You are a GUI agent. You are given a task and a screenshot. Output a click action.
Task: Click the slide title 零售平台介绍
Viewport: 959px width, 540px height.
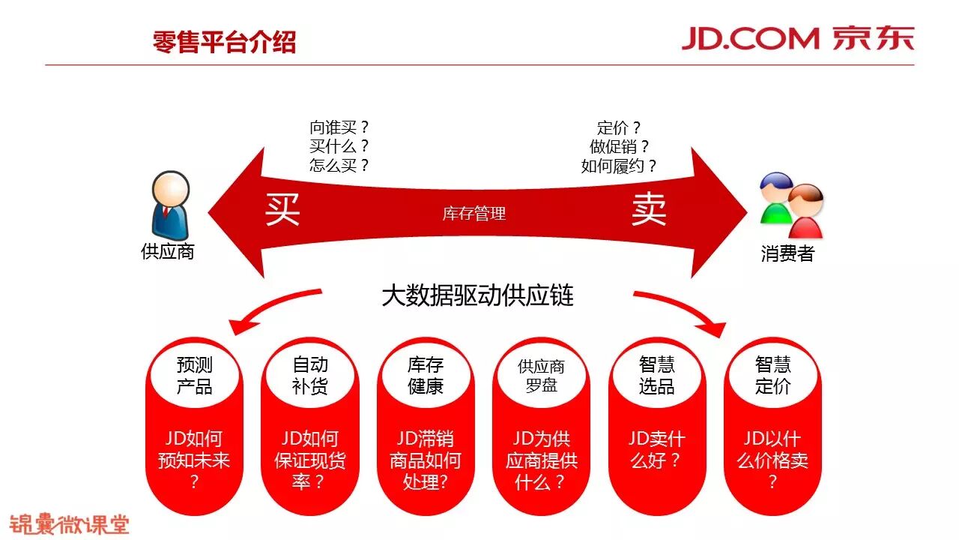[x=224, y=41]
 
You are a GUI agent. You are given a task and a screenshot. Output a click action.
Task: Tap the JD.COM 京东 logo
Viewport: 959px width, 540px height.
[x=797, y=38]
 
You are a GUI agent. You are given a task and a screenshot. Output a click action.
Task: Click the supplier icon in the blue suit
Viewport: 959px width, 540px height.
[x=170, y=203]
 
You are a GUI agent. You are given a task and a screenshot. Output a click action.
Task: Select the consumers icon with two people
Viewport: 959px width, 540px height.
[x=790, y=205]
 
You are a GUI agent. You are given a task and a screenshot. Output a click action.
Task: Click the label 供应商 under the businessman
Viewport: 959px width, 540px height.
[x=168, y=251]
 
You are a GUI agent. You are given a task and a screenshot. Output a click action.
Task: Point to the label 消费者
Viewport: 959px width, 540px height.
[x=787, y=253]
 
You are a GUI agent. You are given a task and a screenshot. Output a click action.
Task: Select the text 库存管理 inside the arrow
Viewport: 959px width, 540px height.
[x=474, y=214]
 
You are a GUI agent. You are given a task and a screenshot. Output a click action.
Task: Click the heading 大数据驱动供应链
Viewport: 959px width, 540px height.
[x=477, y=295]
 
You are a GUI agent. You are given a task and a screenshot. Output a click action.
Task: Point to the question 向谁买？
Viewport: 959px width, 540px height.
[x=339, y=127]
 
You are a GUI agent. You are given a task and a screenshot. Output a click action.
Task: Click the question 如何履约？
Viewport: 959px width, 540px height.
[x=619, y=166]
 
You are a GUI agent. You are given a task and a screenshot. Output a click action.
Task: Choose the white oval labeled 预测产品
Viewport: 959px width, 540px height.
[x=195, y=375]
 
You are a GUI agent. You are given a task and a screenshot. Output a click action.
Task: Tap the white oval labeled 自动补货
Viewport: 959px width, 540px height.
[x=310, y=375]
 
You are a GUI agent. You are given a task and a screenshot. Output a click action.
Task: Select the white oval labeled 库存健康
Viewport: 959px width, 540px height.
[x=426, y=375]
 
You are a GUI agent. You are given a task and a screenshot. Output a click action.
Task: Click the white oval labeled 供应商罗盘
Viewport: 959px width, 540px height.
[x=541, y=376]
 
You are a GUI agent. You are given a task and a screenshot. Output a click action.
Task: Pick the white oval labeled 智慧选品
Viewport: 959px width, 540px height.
[x=657, y=375]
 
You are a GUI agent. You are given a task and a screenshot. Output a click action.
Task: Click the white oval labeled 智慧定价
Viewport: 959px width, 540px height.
[x=772, y=375]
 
